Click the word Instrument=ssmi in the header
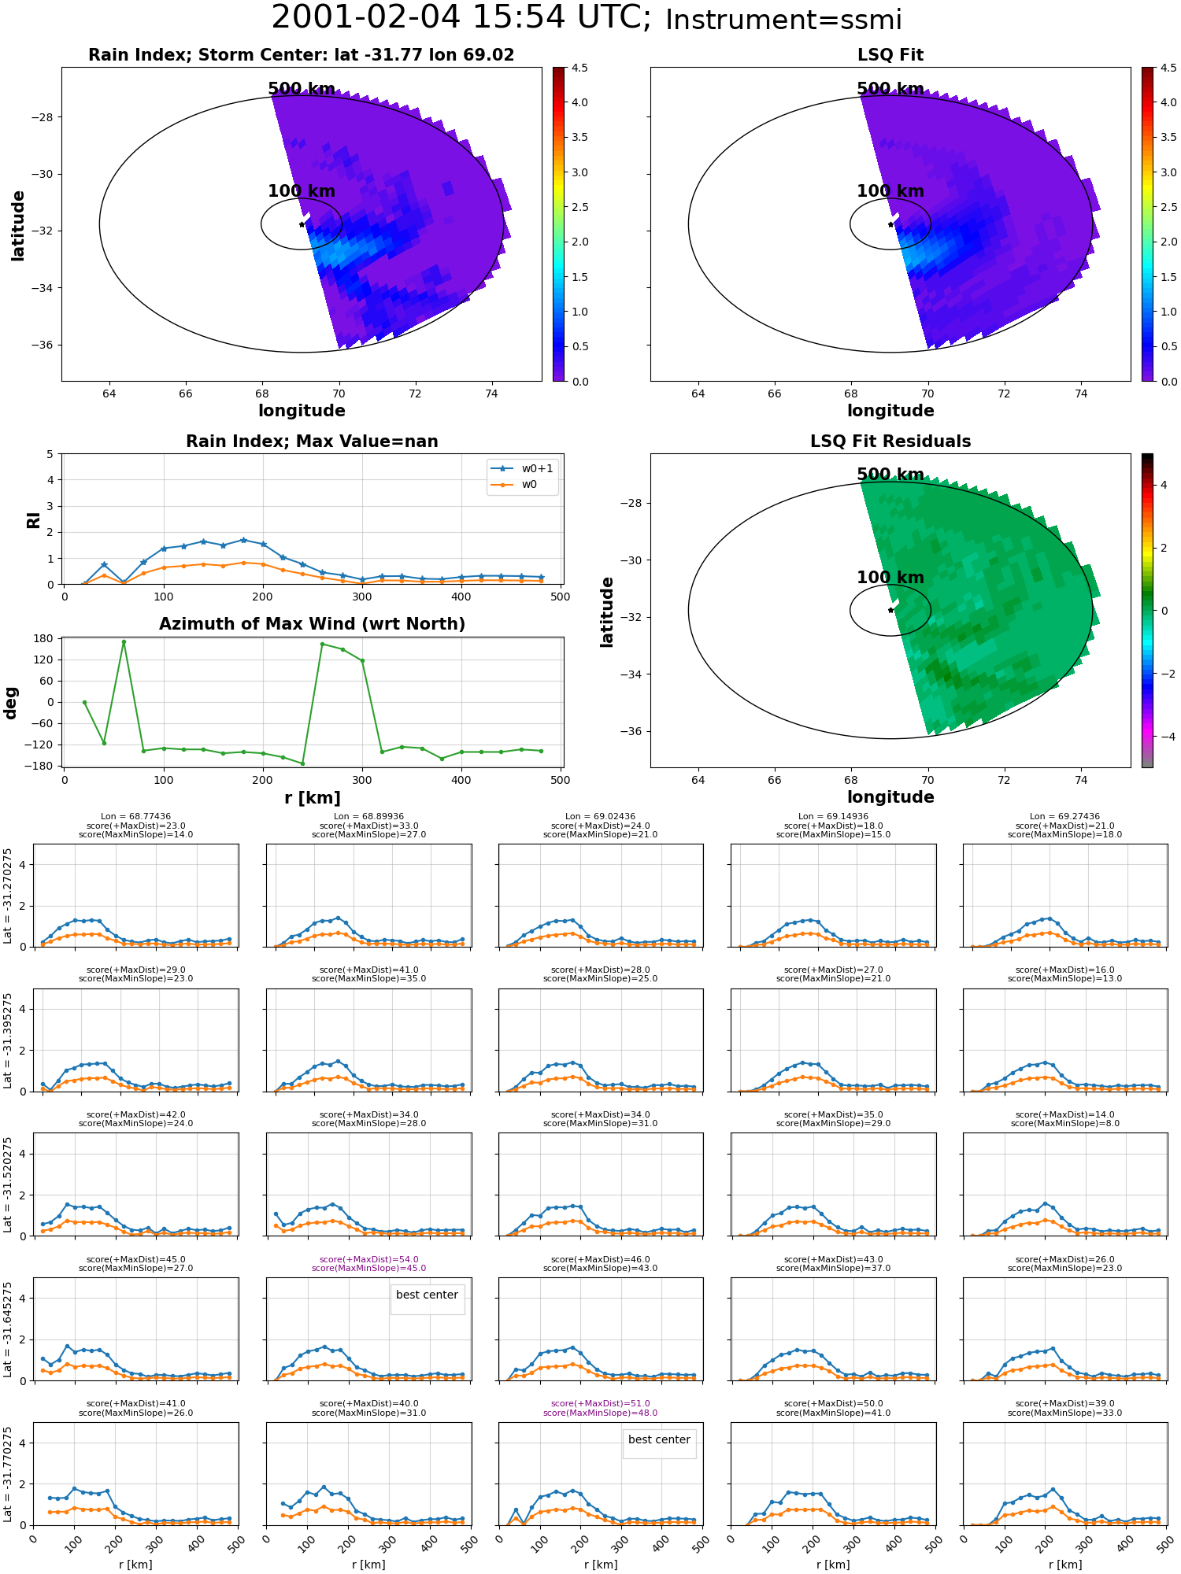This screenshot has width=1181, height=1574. pos(783,20)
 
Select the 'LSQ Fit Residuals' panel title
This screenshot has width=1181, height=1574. pos(890,442)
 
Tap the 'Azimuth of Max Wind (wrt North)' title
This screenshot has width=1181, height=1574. pos(312,624)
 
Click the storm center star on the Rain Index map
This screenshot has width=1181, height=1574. pos(302,224)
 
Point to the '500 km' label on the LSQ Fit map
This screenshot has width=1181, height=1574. pos(890,89)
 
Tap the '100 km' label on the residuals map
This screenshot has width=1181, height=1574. pos(890,578)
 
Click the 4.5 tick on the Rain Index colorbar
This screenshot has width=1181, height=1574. pos(579,68)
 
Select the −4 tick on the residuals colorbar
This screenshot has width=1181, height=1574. pos(1164,737)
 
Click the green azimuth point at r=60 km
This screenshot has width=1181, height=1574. pos(124,642)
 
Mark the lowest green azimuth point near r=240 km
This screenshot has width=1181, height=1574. pos(302,763)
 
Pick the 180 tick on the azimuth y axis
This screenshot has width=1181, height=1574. pos(45,638)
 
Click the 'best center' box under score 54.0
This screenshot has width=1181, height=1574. pos(427,1295)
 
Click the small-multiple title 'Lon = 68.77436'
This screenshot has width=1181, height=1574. pos(136,817)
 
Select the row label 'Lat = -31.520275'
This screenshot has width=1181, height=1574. pos(8,1184)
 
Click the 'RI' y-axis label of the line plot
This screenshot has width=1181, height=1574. pos(33,519)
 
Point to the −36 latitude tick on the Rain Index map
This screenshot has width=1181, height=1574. pos(41,345)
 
